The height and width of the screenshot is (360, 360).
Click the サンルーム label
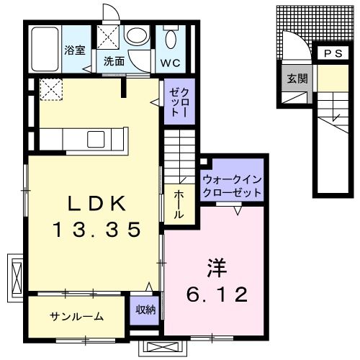point(76,317)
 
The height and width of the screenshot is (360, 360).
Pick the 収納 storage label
point(145,310)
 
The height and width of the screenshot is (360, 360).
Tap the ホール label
point(179,204)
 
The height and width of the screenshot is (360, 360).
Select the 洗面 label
point(114,61)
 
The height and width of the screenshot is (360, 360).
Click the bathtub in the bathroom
point(45,48)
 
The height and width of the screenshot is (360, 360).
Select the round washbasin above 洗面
point(135,35)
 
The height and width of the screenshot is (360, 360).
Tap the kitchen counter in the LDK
point(84,137)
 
